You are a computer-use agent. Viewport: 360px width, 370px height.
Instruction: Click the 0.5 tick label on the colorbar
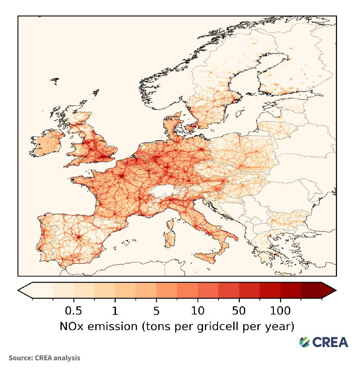point(73,311)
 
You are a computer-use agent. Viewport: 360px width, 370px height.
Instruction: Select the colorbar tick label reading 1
point(115,311)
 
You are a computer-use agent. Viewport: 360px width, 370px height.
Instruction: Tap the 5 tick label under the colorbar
point(156,311)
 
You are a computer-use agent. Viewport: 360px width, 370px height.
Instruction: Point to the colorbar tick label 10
point(198,311)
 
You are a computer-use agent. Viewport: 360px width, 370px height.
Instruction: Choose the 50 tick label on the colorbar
point(239,311)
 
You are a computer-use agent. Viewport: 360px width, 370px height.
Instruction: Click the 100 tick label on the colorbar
point(280,311)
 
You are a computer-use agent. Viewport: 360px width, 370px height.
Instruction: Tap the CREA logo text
point(330,342)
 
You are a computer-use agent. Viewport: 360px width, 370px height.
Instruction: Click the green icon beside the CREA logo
point(305,342)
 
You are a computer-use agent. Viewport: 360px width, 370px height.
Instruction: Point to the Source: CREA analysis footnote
point(44,358)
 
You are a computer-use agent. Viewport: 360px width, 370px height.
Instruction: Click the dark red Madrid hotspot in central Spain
point(78,237)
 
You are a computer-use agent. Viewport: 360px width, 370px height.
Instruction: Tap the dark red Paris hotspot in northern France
point(122,176)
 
